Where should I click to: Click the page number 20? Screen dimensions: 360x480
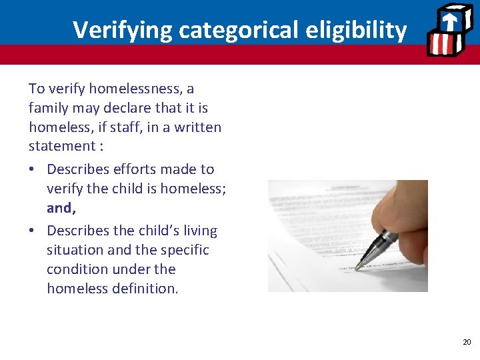pyautogui.click(x=467, y=342)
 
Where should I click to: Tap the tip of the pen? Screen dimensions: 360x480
pyautogui.click(x=357, y=268)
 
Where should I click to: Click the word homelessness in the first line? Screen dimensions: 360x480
pyautogui.click(x=127, y=89)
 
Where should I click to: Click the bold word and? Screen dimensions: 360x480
pyautogui.click(x=61, y=208)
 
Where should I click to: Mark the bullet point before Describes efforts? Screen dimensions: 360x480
pyautogui.click(x=33, y=170)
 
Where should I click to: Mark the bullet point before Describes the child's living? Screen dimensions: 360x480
pyautogui.click(x=33, y=231)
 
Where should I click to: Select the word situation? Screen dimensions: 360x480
pyautogui.click(x=75, y=250)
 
